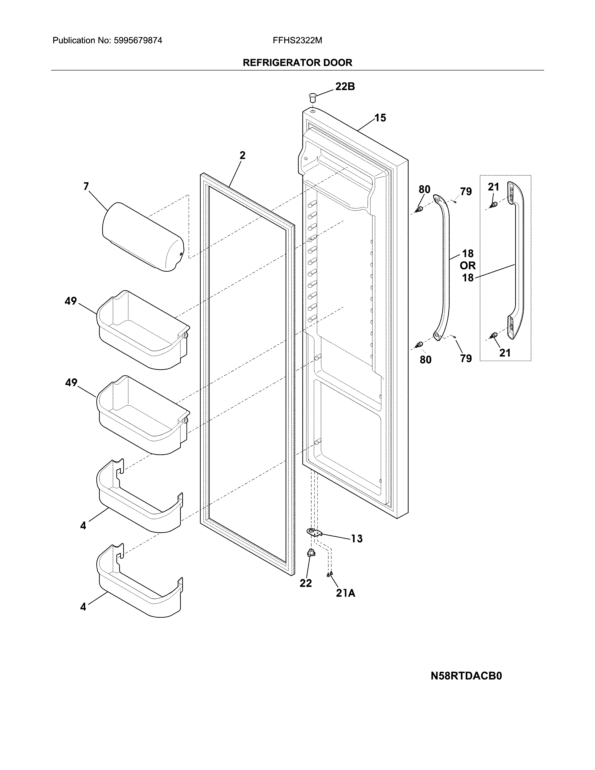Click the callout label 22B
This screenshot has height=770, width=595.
tap(345, 86)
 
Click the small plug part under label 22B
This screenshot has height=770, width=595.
tap(312, 96)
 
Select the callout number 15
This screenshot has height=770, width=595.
tap(380, 118)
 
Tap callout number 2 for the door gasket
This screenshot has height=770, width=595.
tap(242, 155)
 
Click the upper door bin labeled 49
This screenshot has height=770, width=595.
tap(143, 330)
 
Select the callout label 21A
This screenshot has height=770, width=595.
tap(345, 593)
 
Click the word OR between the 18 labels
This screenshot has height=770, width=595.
tap(467, 266)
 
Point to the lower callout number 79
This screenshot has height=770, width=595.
tap(466, 359)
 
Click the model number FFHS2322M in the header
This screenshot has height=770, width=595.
tap(297, 41)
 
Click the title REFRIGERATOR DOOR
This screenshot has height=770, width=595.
tap(297, 63)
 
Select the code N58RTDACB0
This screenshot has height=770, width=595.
tap(466, 676)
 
